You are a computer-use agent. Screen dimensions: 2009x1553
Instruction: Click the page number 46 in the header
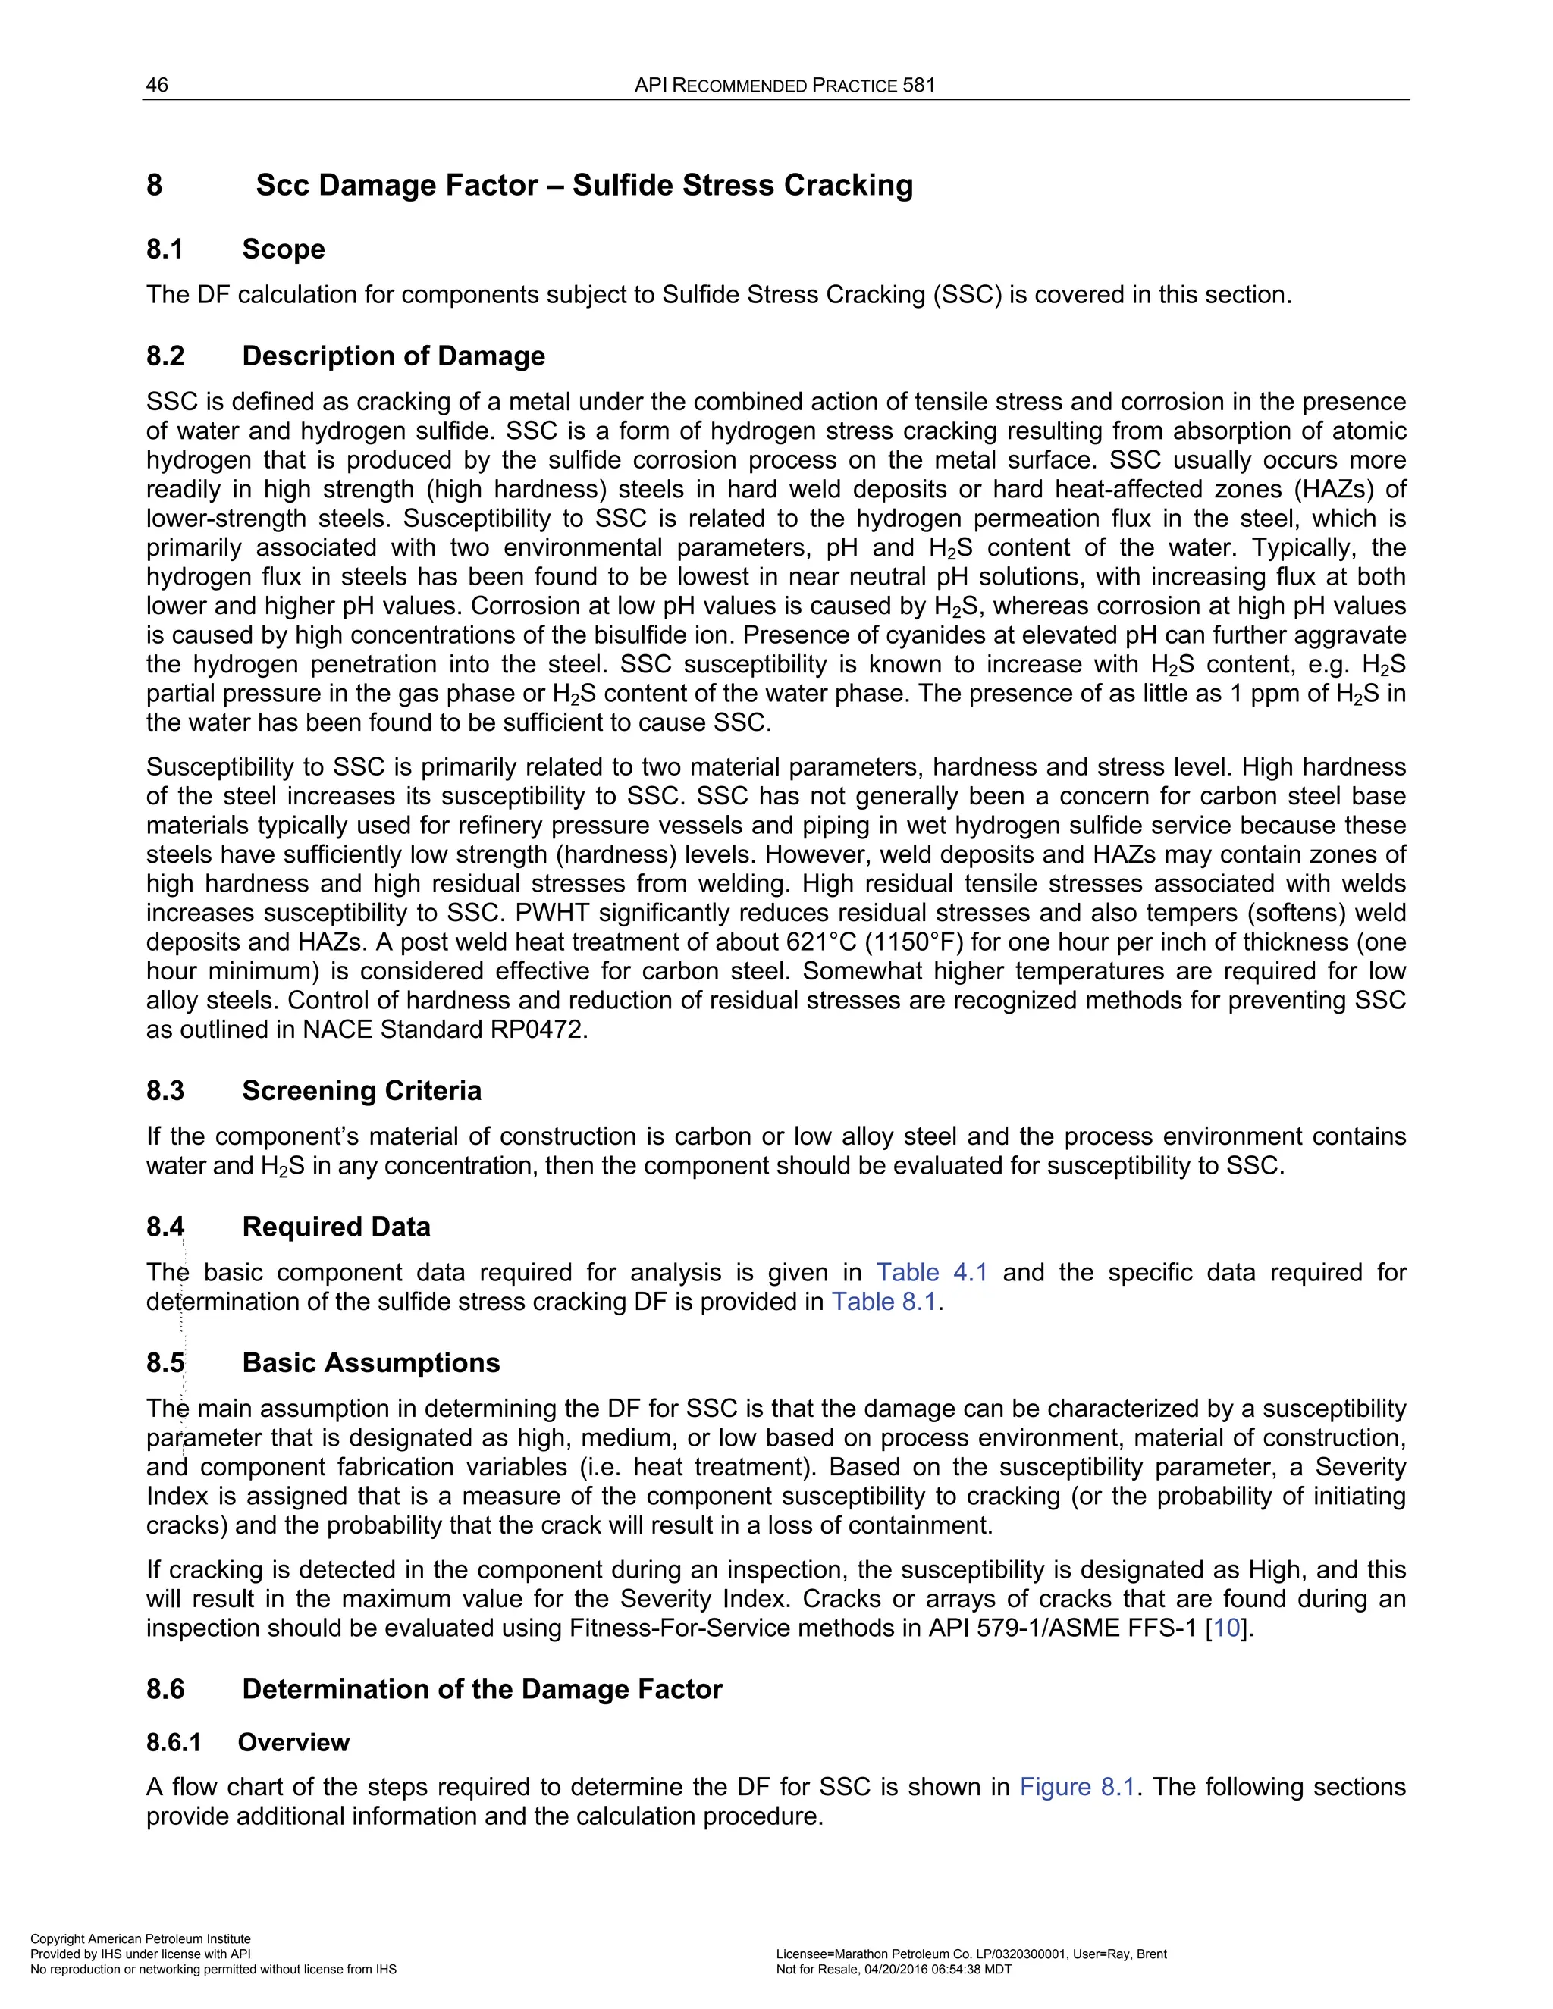tap(156, 86)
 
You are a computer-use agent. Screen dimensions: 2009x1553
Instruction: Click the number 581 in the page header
tap(918, 86)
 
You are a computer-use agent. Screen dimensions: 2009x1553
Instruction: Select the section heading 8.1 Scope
tap(236, 249)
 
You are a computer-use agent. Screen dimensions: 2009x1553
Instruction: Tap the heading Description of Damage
tap(393, 356)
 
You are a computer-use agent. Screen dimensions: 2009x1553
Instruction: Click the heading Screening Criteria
tap(361, 1091)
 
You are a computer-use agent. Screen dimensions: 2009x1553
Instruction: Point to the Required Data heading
tap(336, 1227)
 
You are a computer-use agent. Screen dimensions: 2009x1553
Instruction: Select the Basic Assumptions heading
tap(370, 1363)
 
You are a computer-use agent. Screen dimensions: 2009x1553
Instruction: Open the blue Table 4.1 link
tap(931, 1273)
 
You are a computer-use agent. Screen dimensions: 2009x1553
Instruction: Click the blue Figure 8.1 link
tap(1078, 1788)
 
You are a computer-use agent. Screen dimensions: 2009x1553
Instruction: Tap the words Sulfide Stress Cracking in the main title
tap(742, 185)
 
